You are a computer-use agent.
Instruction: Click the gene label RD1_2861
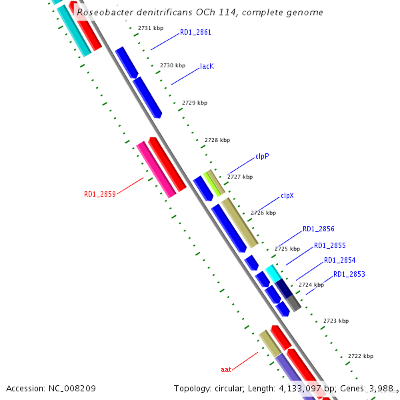point(195,33)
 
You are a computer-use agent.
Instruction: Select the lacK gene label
point(207,67)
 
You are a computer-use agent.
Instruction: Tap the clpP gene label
point(262,157)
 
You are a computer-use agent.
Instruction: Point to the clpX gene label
point(287,196)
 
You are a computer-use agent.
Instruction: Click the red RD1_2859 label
point(100,195)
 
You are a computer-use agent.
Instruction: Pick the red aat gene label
point(226,369)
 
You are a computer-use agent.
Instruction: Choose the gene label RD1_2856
point(319,229)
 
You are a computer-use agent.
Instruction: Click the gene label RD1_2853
point(349,275)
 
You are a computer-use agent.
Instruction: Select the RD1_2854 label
point(340,261)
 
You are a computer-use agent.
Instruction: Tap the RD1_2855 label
point(330,246)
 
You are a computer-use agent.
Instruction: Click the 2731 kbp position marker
point(151,28)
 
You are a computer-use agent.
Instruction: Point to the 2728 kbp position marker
point(217,140)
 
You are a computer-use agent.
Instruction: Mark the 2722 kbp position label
point(361,357)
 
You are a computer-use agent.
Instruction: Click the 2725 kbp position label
point(287,249)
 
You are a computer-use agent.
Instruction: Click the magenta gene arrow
point(156,169)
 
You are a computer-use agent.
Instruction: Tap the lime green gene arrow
point(212,181)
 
